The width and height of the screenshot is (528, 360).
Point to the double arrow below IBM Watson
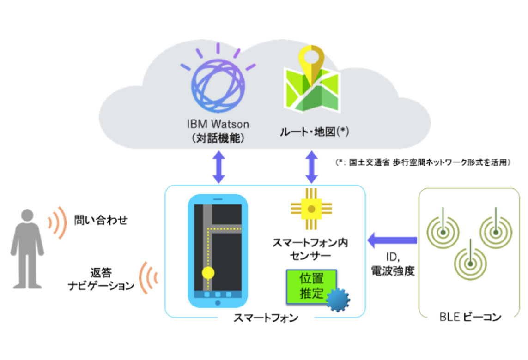coord(218,166)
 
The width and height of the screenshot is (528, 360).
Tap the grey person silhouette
coord(28,249)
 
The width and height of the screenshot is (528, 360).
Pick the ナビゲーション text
coord(101,286)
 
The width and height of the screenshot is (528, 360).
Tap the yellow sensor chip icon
coord(312,209)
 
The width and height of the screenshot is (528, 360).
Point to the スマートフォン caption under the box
coord(266,318)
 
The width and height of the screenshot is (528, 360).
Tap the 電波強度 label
coord(393,272)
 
